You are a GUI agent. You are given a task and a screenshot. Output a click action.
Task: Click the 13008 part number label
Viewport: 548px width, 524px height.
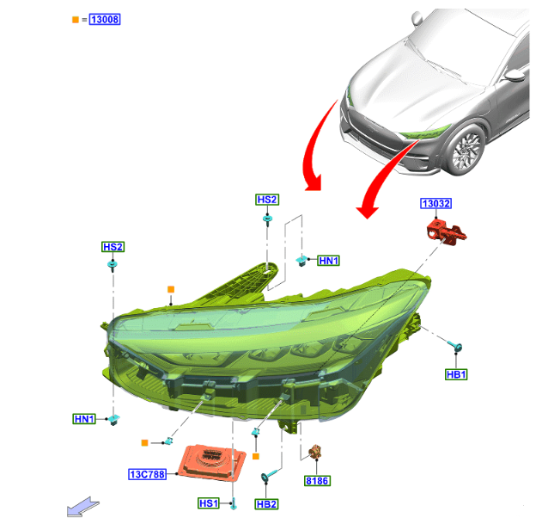click(105, 19)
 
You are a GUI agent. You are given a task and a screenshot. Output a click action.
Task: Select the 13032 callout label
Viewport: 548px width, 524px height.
click(435, 203)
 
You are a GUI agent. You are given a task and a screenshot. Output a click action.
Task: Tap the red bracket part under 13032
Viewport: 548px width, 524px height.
click(446, 232)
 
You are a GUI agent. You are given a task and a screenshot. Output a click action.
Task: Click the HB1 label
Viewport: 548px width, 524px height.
click(456, 374)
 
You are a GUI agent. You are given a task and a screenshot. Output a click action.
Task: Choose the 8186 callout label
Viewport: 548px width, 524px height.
click(317, 481)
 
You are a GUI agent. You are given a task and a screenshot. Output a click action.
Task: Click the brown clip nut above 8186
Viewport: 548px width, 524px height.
click(315, 453)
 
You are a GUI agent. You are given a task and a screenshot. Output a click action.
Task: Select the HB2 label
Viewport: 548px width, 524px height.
click(266, 504)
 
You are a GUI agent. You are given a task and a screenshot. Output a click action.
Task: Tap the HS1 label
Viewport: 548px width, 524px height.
click(209, 503)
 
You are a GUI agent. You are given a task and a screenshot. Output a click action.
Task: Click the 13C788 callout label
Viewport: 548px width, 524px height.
click(147, 474)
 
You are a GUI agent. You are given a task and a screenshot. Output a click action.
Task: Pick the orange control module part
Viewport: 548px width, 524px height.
click(211, 461)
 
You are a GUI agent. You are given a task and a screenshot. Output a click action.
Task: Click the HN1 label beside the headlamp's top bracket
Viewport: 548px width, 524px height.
click(328, 261)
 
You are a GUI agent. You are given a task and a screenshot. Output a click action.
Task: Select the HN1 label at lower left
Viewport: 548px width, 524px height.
click(84, 419)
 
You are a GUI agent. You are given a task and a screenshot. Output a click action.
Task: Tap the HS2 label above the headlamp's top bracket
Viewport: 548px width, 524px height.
click(267, 200)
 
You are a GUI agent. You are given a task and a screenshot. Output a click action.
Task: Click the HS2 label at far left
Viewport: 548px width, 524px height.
click(113, 247)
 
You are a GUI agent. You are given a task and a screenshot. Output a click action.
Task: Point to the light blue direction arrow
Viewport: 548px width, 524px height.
click(82, 507)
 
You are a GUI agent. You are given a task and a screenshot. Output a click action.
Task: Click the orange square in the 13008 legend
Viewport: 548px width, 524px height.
click(76, 20)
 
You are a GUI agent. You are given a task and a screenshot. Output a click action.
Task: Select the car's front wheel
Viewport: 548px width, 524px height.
click(466, 151)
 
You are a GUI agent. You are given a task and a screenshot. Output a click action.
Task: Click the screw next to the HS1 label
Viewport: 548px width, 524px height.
click(234, 504)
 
